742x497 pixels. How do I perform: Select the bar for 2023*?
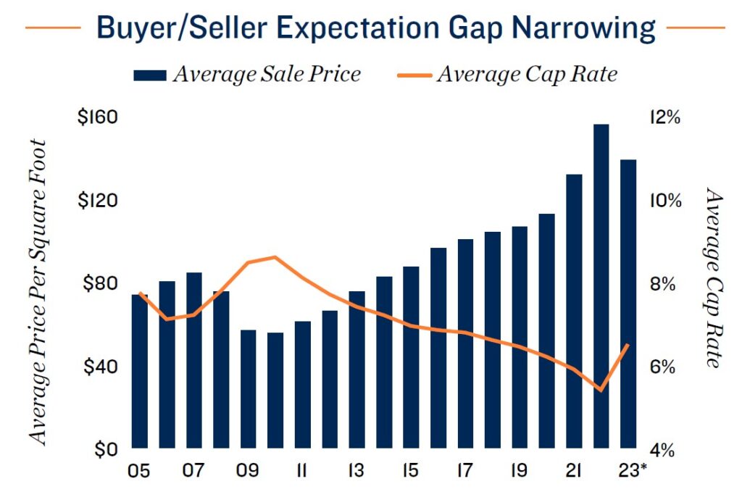tap(628, 304)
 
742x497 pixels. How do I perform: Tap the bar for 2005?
tap(140, 371)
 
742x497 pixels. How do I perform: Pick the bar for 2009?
tap(248, 389)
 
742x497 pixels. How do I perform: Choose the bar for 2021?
tap(574, 312)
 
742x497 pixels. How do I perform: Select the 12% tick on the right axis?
tap(664, 117)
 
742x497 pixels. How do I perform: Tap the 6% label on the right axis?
tap(664, 367)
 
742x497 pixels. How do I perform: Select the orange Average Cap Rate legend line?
tap(415, 74)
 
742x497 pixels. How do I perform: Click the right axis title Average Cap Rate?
tap(714, 279)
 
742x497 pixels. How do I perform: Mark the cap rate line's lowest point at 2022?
tap(601, 390)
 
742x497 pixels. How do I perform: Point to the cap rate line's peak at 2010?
tap(275, 256)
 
